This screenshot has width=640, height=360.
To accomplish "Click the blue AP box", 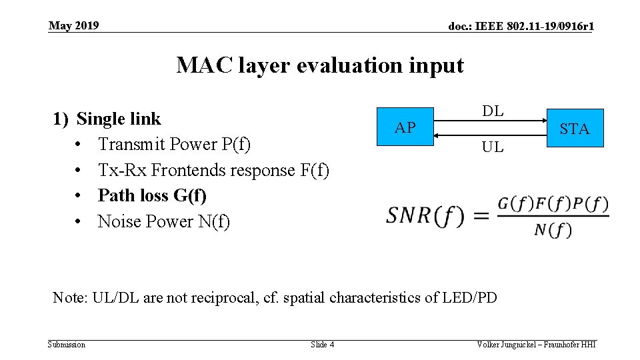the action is [405, 127].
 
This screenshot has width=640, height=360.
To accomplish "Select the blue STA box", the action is [575, 128].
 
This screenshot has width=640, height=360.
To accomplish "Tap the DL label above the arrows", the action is [493, 111].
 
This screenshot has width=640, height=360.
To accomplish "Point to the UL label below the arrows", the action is [493, 147].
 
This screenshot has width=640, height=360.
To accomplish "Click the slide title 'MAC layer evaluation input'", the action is [319, 65].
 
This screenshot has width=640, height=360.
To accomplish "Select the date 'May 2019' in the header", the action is [73, 25].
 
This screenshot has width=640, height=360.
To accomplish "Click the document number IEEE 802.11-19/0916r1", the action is [521, 27].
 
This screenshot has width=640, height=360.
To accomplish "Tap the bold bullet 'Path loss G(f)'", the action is [152, 195].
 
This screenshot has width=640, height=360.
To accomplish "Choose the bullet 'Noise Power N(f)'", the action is [163, 221].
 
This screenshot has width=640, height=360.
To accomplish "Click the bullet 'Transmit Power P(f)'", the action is [174, 144].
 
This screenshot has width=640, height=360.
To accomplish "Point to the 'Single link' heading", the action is [119, 119].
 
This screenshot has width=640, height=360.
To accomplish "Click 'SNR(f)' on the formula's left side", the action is [425, 215].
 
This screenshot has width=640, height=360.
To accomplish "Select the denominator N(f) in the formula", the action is [553, 230].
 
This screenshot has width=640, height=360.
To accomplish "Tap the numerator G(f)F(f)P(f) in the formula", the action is [553, 203].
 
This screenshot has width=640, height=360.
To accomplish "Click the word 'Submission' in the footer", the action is [67, 345].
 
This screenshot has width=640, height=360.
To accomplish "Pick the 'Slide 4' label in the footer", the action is [323, 345].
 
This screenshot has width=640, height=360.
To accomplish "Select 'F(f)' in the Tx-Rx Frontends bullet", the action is [315, 170].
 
